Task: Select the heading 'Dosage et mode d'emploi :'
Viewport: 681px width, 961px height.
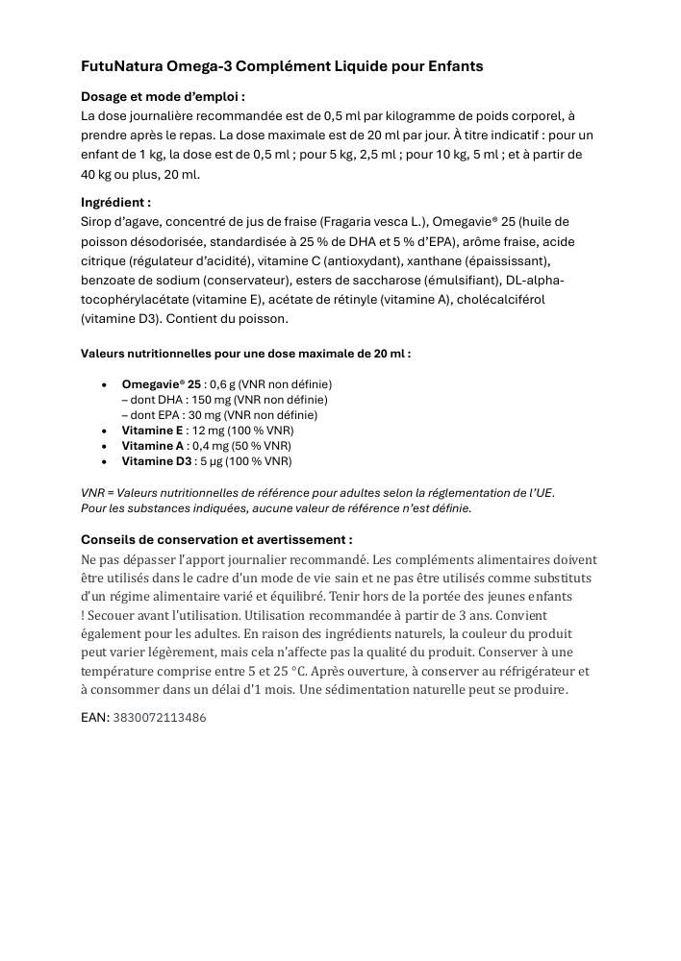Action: (163, 96)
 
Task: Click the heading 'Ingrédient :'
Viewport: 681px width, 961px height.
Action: (115, 203)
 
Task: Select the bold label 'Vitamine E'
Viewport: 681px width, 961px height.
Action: (152, 431)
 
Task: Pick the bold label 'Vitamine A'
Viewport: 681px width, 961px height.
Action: (152, 446)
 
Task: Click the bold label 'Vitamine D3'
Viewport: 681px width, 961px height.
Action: (156, 461)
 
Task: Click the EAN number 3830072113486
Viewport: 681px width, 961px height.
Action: (160, 718)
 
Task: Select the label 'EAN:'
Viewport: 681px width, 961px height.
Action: (95, 717)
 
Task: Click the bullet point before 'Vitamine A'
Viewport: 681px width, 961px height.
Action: (104, 446)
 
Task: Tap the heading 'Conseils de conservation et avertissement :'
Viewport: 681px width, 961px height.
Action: (216, 540)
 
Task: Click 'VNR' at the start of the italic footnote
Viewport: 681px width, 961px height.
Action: (92, 493)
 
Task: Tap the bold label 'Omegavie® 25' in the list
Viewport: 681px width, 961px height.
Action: (161, 384)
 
